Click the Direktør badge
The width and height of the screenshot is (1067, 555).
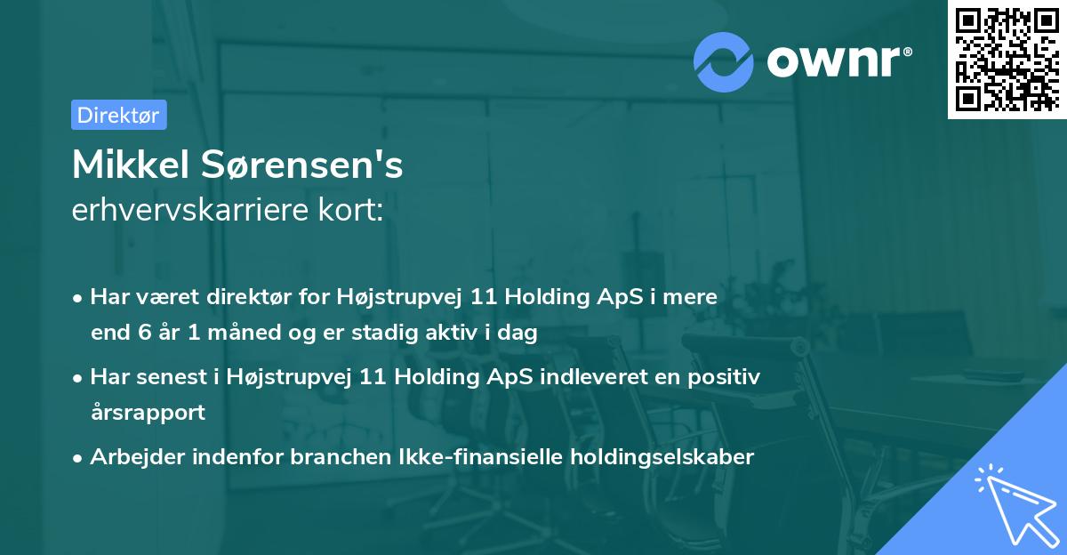click(118, 115)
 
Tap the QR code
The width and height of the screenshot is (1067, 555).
click(1006, 60)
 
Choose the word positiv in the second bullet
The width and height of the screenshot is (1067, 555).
click(726, 377)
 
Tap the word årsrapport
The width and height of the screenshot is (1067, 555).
click(148, 413)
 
